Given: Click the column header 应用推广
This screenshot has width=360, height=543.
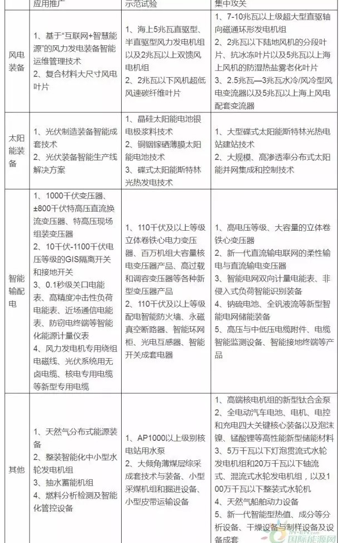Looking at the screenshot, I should point(50,3).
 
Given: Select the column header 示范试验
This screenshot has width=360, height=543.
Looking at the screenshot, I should point(143,3).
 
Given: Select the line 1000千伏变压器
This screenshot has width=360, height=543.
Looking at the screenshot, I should point(69,196).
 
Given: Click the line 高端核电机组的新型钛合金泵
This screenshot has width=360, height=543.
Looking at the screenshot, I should point(267,402).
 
